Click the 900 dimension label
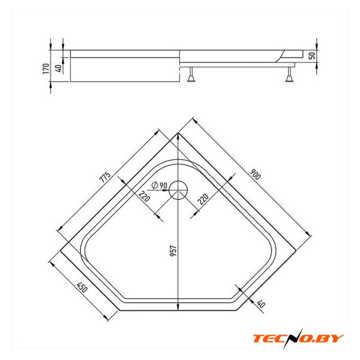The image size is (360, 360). point(255,175)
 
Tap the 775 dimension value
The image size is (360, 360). point(105,176)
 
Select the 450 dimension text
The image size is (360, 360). point(83,289)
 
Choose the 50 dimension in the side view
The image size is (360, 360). point(312,55)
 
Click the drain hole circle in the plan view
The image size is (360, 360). point(179,190)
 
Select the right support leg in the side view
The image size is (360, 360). point(290,75)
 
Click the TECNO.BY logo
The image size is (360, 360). point(298,337)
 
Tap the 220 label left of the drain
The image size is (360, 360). point(145,196)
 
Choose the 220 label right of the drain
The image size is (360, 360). point(204,200)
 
